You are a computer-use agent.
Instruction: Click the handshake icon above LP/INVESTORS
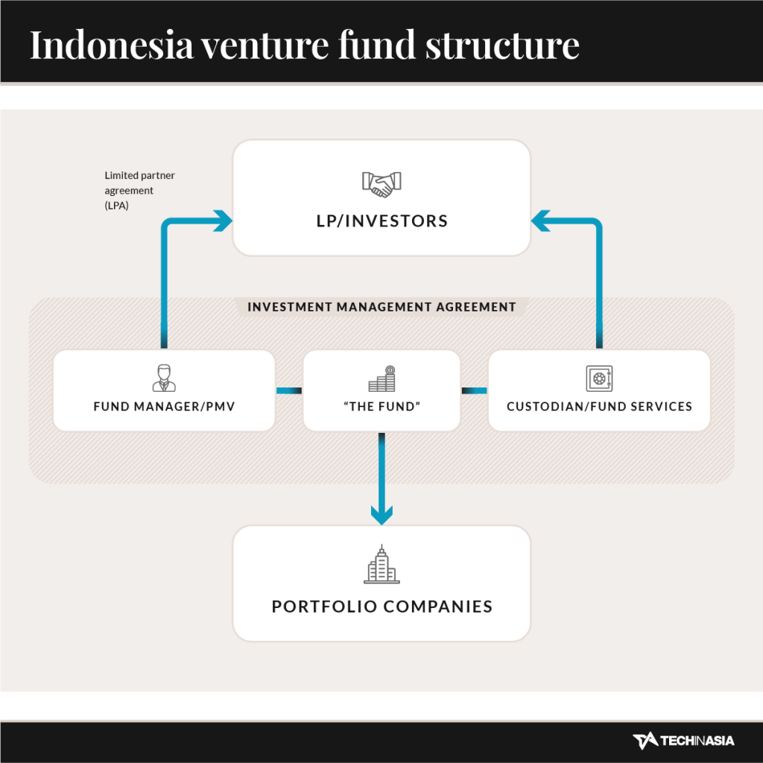coord(381,185)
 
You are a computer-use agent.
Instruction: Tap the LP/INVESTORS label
coord(382,221)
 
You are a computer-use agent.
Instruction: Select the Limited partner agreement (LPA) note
coord(139,190)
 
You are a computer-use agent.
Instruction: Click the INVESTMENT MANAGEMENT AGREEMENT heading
coord(381,307)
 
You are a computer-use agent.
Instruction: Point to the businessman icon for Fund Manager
coord(164,378)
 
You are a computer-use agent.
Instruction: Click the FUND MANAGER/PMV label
coord(164,406)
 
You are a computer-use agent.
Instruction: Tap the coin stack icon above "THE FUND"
coord(382,379)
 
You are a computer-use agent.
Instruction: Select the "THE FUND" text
coord(382,406)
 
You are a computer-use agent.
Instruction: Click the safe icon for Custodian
coord(599,379)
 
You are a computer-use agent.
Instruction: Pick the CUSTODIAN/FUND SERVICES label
coord(599,406)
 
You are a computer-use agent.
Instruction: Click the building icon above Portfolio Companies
coord(382,564)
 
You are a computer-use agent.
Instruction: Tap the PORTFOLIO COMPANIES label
coord(382,607)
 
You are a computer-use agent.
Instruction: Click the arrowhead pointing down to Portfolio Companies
coord(382,516)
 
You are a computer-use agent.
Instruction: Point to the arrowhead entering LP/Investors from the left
coord(224,221)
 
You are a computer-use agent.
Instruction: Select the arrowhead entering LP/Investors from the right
coord(541,221)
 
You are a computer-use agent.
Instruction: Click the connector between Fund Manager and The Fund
coord(289,390)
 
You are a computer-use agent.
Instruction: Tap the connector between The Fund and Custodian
coord(475,390)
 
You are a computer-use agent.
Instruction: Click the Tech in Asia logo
coord(683,741)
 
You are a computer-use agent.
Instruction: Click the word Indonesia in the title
coord(112,45)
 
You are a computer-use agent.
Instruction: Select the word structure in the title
coord(503,45)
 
